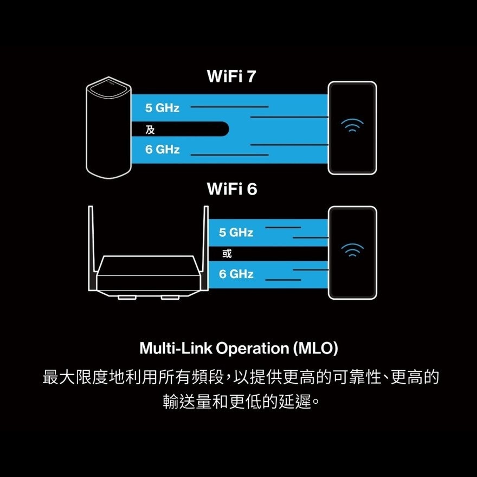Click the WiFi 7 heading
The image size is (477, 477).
coord(231,76)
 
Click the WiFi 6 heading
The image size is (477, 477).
coord(231,189)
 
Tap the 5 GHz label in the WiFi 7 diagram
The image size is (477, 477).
coord(162,108)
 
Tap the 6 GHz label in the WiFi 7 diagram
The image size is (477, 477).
coord(162,149)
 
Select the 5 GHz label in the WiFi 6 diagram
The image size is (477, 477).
coord(236,233)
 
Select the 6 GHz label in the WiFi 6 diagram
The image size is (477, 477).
coord(236,274)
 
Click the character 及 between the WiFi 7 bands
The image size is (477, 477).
coord(150,129)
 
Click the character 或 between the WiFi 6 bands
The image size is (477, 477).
coord(227,253)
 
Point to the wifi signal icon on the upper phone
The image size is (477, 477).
coord(352,126)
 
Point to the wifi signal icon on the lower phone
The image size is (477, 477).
coord(352,250)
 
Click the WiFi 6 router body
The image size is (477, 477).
coord(149,276)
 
